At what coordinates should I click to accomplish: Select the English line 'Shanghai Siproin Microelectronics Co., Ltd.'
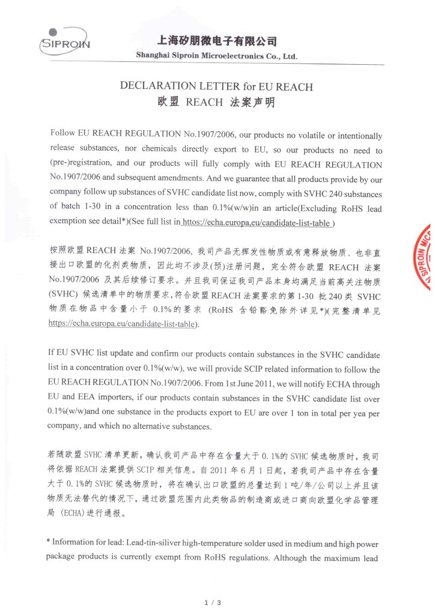click(x=216, y=56)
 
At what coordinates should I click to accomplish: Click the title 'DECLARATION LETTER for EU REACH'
click(x=216, y=86)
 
